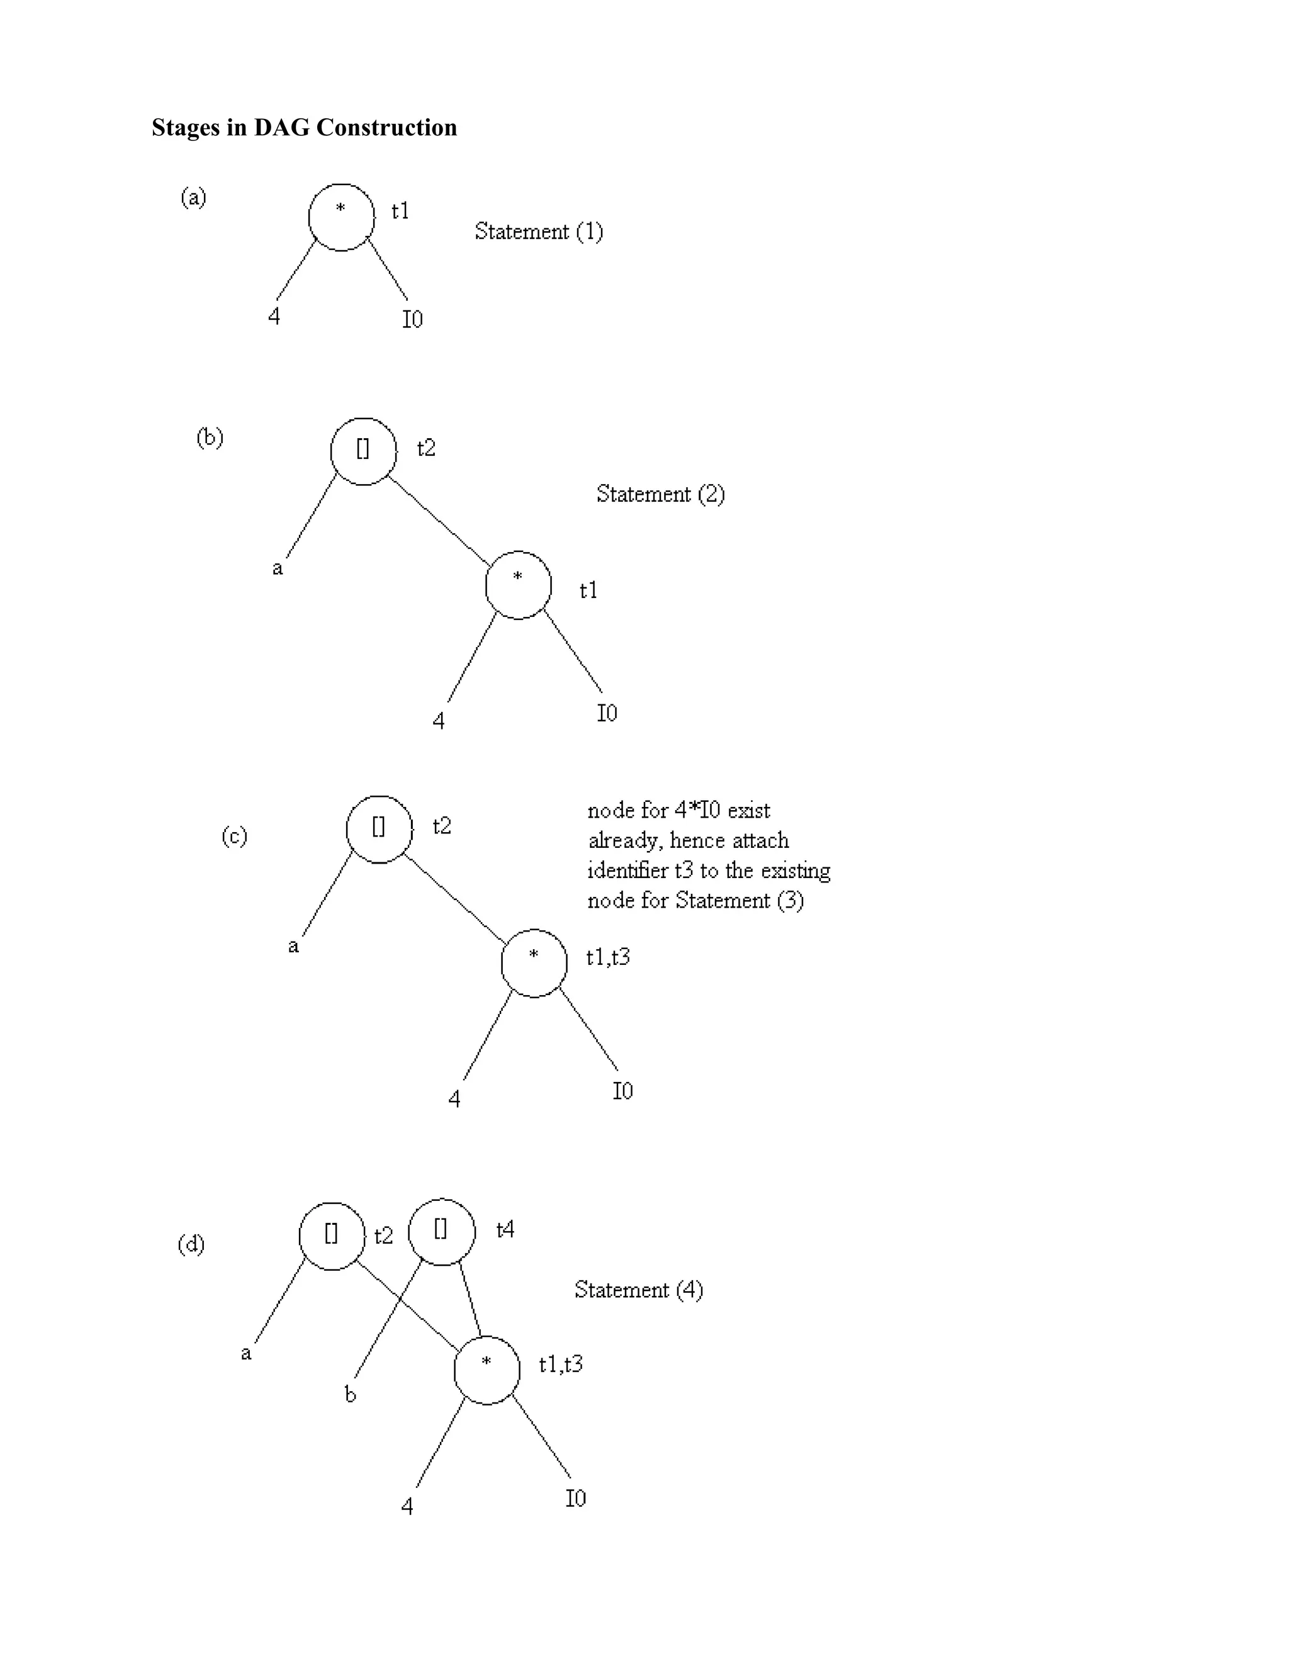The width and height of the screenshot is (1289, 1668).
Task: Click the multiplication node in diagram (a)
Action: [341, 218]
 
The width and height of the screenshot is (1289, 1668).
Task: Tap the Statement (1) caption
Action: [538, 232]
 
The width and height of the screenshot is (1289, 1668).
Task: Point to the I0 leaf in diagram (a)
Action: [412, 318]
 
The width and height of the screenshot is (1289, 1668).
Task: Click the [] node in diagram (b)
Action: [364, 451]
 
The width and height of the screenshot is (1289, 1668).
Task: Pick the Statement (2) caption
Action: [660, 494]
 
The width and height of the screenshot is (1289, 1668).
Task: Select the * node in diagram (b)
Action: [519, 584]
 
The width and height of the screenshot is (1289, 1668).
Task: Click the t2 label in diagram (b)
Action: [426, 448]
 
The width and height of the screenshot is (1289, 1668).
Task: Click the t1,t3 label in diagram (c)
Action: [608, 957]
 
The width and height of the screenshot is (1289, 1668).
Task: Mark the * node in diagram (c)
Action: [534, 963]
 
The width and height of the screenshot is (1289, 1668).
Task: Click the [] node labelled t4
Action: [441, 1231]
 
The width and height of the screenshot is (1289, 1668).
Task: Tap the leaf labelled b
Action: [351, 1395]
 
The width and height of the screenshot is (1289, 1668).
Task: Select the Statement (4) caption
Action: [638, 1290]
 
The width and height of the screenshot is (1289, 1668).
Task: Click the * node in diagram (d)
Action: [487, 1370]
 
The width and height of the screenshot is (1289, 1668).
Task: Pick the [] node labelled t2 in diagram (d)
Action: [332, 1236]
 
